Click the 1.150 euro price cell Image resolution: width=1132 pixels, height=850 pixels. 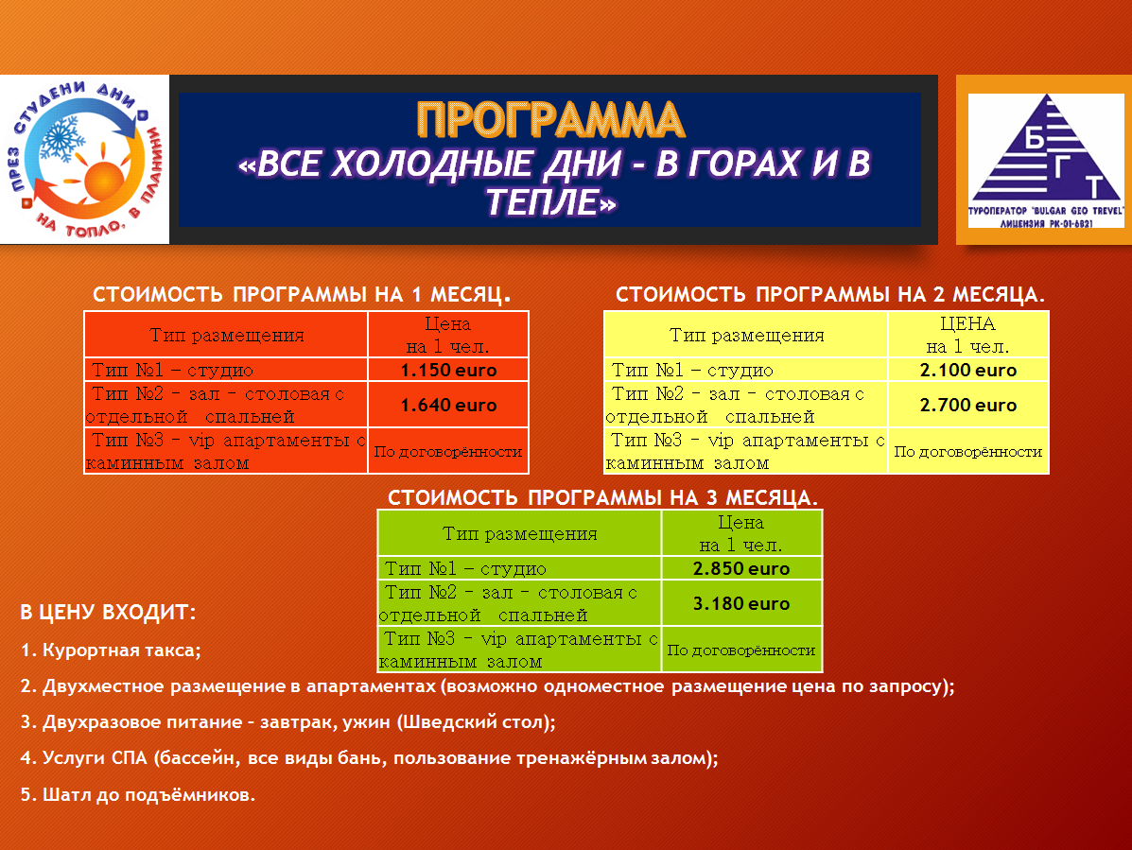click(448, 371)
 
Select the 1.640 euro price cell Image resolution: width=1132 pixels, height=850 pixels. click(448, 405)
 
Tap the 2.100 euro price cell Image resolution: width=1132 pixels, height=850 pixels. click(968, 371)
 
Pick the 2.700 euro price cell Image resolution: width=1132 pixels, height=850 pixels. click(968, 405)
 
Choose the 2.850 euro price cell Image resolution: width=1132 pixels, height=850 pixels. click(741, 568)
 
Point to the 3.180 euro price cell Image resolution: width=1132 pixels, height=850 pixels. click(741, 603)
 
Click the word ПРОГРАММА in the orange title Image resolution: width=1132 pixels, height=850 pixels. click(550, 120)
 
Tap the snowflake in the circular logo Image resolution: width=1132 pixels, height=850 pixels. click(62, 139)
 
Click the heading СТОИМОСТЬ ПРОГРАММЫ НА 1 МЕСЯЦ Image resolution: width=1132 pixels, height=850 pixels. click(302, 294)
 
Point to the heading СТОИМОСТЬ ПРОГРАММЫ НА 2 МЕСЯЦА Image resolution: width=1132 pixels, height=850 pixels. click(830, 294)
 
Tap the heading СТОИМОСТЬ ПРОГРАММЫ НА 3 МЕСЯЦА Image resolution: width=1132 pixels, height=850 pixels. click(602, 498)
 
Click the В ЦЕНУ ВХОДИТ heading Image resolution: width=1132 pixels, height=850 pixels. click(109, 613)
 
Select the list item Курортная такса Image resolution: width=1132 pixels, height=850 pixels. click(111, 651)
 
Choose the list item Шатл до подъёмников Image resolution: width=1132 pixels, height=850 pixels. click(138, 795)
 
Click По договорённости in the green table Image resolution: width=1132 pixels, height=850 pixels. click(741, 651)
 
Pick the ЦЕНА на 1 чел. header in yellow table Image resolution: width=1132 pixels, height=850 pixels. click(968, 335)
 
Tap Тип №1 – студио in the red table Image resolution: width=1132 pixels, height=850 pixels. click(172, 371)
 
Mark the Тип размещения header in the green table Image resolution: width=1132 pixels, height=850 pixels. click(520, 534)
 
